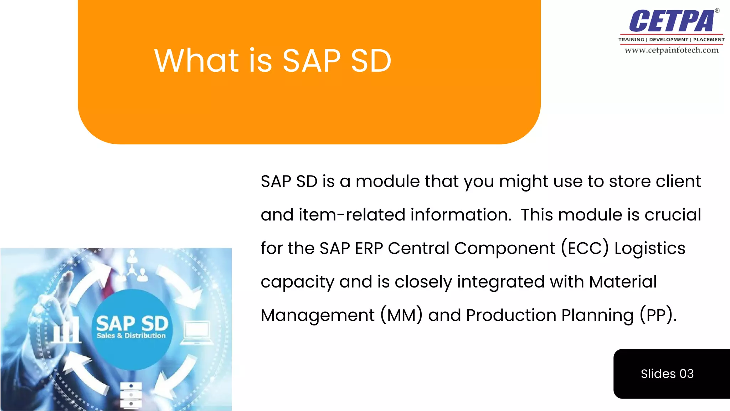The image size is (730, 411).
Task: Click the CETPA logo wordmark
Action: click(x=672, y=21)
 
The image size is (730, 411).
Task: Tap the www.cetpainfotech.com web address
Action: click(x=672, y=50)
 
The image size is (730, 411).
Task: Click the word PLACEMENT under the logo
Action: click(x=709, y=40)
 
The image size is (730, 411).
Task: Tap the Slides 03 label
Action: click(x=667, y=374)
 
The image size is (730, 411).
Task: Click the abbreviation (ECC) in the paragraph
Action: click(x=585, y=248)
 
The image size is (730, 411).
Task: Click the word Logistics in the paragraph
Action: click(x=649, y=249)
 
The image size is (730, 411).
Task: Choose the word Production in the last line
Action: click(x=511, y=315)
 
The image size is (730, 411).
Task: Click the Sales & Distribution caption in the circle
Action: click(x=131, y=336)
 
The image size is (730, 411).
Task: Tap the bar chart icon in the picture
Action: click(x=67, y=330)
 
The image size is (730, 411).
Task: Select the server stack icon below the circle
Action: click(x=131, y=395)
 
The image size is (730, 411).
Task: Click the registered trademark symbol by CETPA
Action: click(x=717, y=11)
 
